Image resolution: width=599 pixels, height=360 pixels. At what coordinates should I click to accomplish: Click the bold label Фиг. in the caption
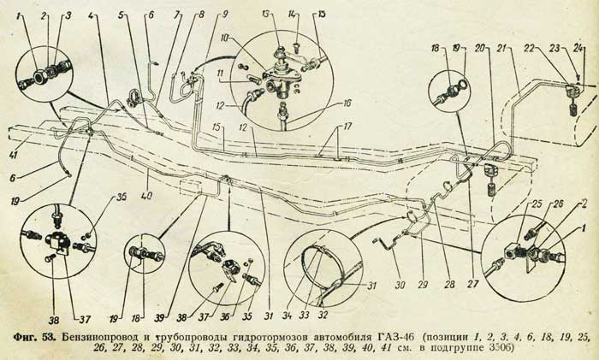pos(25,338)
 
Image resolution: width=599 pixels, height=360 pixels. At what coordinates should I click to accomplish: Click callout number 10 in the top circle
pos(224,39)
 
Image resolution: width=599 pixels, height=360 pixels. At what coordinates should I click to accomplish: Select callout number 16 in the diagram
pos(347,103)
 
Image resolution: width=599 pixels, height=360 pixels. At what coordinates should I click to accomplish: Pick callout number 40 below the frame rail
pos(147,196)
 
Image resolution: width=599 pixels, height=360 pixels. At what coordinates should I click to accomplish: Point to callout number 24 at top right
pos(578,48)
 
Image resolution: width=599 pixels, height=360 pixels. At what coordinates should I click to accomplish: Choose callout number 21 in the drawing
pos(503,48)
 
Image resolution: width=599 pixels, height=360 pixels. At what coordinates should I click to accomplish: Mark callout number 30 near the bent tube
pos(400,284)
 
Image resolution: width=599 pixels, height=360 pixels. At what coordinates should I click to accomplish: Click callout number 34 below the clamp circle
pos(287,316)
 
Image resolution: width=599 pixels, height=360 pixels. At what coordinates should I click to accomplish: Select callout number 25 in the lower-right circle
pos(537,204)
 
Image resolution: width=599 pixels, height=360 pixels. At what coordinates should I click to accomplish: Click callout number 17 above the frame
pos(347,126)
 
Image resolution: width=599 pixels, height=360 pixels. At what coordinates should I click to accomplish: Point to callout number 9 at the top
pos(224,15)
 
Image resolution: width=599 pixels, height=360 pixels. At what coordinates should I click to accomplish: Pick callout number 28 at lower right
pos(450,284)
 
